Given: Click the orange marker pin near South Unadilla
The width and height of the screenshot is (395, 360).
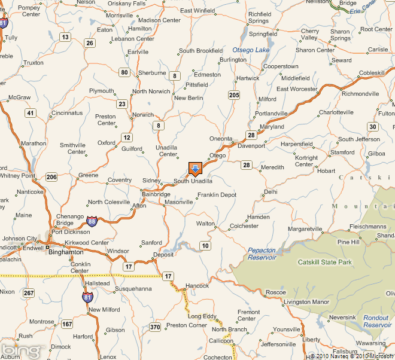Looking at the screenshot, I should click(196, 169).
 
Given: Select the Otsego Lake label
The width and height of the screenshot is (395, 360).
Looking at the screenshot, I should click(251, 50).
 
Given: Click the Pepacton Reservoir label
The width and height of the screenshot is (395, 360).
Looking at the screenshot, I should click(262, 254).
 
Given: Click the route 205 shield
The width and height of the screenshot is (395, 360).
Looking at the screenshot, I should click(234, 95).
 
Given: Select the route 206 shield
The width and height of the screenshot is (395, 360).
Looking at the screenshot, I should click(51, 176).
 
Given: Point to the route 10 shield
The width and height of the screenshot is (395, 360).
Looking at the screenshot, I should click(205, 246).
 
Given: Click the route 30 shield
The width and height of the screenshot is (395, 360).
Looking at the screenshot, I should click(373, 126).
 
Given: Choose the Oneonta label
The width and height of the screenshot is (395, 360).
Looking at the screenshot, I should click(220, 139).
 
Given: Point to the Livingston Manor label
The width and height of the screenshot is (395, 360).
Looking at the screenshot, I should click(307, 302).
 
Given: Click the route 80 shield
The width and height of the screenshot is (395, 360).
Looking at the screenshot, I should click(124, 72).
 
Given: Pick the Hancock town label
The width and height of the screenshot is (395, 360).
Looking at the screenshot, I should click(197, 286).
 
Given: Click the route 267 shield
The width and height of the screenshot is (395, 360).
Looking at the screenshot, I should click(29, 292).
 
